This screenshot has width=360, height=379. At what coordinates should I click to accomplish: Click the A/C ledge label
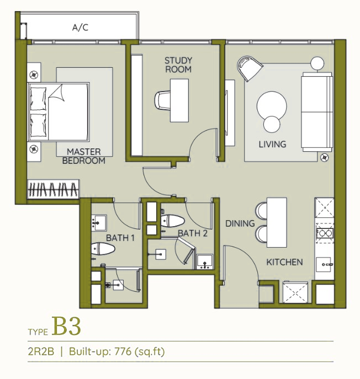[x=80, y=28]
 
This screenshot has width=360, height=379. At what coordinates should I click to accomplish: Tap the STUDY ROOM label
[x=178, y=65]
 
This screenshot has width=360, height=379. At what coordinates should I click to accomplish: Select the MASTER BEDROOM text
[x=84, y=156]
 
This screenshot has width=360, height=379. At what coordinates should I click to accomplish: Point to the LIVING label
[x=272, y=145]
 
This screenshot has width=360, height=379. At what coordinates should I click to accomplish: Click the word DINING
[x=240, y=223]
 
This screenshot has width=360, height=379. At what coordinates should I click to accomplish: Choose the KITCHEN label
[x=284, y=262]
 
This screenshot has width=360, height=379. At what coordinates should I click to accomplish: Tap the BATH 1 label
[x=120, y=238]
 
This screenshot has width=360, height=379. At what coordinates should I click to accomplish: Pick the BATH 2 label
[x=193, y=233]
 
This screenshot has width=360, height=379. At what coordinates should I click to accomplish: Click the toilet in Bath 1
[x=103, y=249]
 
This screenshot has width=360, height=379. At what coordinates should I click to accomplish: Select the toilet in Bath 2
[x=173, y=221]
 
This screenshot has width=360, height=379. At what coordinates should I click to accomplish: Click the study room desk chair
[x=162, y=100]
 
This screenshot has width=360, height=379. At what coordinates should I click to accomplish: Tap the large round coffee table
[x=272, y=106]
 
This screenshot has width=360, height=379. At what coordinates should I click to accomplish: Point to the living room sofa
[x=317, y=112]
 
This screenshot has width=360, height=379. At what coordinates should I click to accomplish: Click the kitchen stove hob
[x=325, y=233]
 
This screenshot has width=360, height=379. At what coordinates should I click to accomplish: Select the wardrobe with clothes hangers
[x=53, y=189]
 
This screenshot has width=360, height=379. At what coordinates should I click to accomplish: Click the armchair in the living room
[x=249, y=68]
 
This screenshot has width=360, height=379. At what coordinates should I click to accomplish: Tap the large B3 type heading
[x=66, y=326]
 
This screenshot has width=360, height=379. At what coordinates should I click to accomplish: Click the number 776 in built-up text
[x=123, y=351]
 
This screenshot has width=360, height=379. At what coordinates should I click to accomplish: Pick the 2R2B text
[x=41, y=351]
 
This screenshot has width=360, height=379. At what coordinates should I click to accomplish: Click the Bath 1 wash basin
[x=99, y=223]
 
